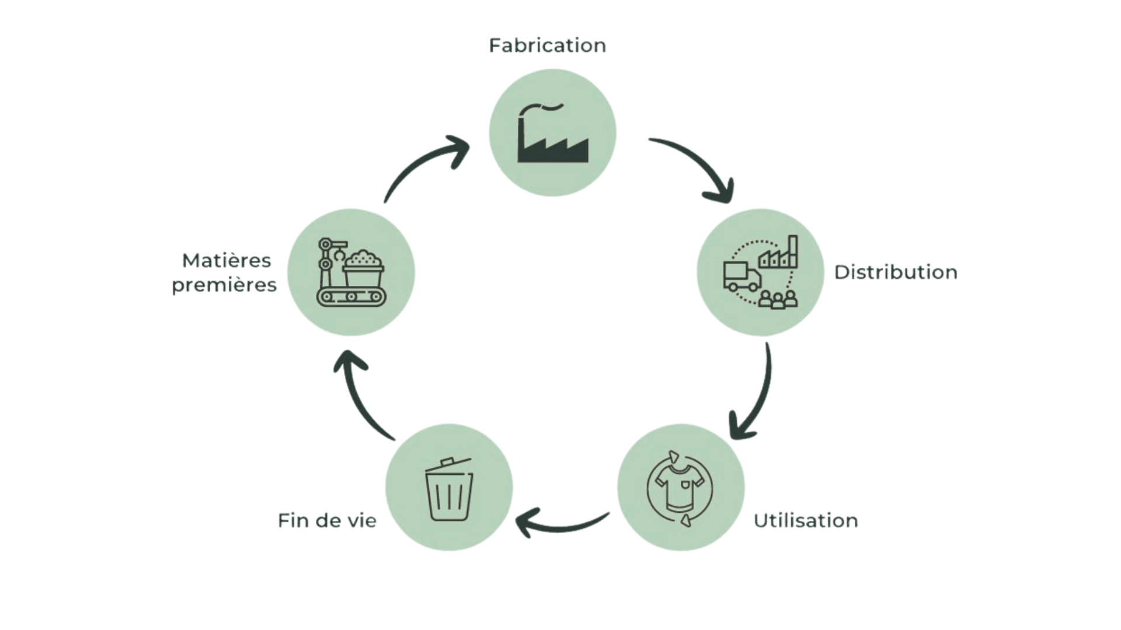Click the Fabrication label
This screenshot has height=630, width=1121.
click(x=547, y=45)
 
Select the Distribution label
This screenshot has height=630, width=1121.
click(x=896, y=272)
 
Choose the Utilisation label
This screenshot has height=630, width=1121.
click(x=806, y=520)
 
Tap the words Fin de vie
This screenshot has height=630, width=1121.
click(x=327, y=520)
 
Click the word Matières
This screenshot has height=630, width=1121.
click(x=227, y=261)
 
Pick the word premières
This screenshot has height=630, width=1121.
click(x=224, y=286)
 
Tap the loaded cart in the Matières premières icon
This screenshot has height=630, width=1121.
click(x=364, y=268)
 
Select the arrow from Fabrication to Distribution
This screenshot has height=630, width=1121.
click(x=698, y=166)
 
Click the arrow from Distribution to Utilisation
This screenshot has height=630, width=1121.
click(x=753, y=397)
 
